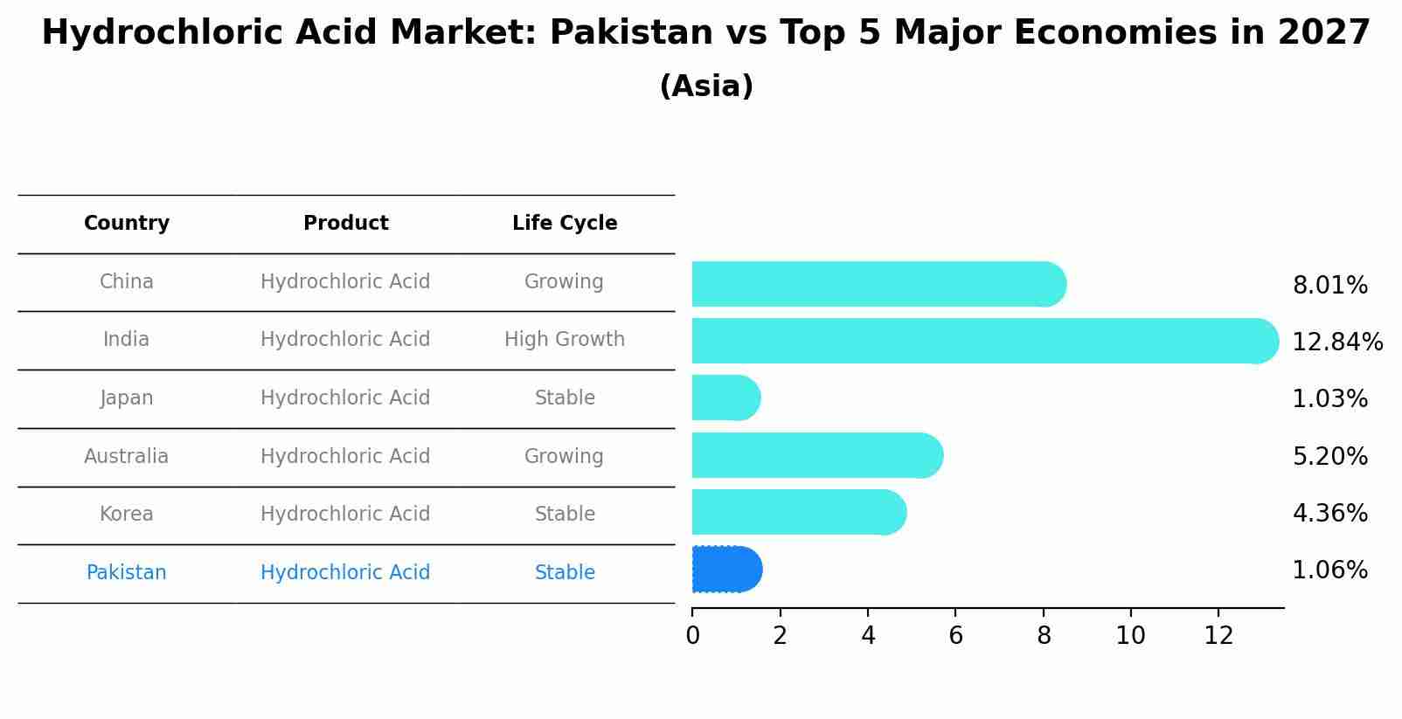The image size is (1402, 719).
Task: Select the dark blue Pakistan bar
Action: [726, 570]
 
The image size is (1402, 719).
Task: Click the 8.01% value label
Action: [1329, 286]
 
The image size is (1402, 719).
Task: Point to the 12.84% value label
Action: [1337, 342]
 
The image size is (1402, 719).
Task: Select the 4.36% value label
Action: [1329, 514]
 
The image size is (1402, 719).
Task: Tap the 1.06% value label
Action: [1329, 570]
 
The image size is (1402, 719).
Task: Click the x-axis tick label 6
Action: [955, 636]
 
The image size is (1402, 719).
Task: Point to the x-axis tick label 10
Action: [1130, 636]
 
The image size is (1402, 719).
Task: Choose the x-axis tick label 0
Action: [692, 636]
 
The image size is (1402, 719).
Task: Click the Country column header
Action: [127, 224]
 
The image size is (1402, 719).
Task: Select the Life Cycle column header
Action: [565, 224]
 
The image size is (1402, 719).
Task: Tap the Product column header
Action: [345, 224]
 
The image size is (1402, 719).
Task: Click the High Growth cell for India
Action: [565, 340]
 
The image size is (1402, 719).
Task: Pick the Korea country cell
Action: [127, 515]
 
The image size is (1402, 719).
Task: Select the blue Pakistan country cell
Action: [127, 573]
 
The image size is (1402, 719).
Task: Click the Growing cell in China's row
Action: [564, 282]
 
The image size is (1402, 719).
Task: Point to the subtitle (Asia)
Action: [706, 86]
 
